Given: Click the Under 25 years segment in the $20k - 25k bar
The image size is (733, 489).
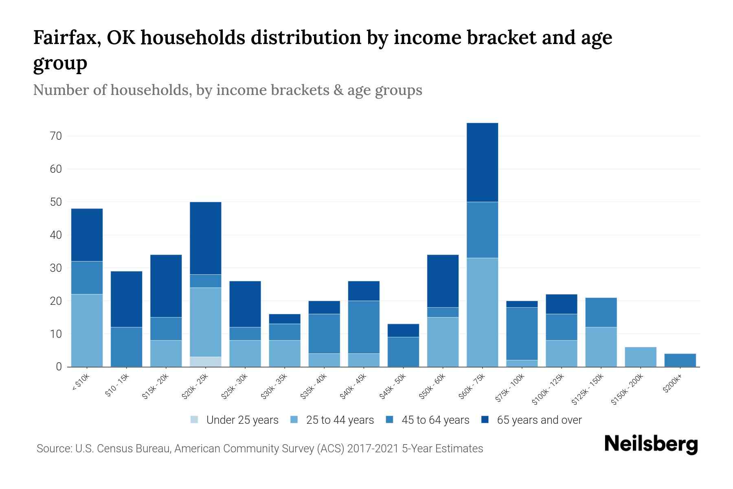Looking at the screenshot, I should click(x=206, y=362).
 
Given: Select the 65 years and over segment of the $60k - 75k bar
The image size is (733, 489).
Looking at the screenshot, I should click(x=482, y=162).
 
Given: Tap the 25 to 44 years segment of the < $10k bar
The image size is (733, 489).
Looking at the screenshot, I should click(x=87, y=330).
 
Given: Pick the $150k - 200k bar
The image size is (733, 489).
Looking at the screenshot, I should click(x=641, y=357).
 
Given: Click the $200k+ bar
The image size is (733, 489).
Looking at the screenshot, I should click(x=680, y=360).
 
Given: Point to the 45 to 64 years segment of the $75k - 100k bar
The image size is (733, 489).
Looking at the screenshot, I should click(x=522, y=334).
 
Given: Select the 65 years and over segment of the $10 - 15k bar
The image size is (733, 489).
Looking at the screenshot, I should click(x=127, y=299).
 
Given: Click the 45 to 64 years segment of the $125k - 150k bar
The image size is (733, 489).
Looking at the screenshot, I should click(x=601, y=313).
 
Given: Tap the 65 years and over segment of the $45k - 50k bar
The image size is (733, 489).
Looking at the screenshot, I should click(x=403, y=330).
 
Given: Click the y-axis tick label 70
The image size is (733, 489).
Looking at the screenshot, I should click(x=56, y=136).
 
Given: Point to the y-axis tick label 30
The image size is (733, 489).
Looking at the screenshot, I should click(x=56, y=268).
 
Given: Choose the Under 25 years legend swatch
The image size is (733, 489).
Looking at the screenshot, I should click(x=195, y=420).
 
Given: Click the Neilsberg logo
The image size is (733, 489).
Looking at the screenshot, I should click(x=651, y=444).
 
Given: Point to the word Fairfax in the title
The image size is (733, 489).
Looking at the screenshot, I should click(x=67, y=37).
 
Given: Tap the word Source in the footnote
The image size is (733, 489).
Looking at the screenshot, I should click(x=53, y=449).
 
